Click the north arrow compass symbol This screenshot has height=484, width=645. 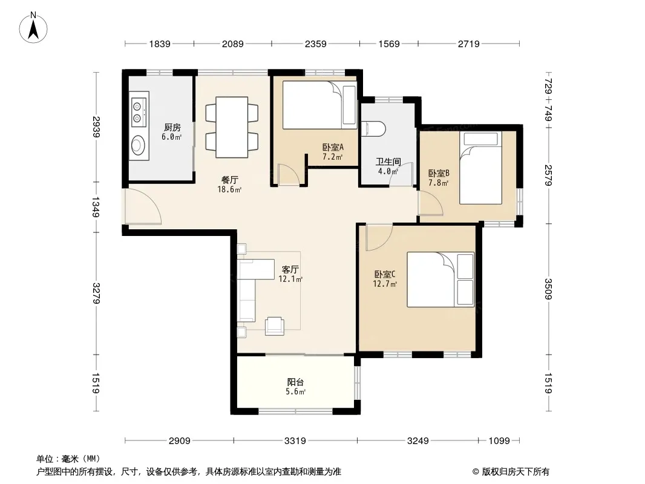33,27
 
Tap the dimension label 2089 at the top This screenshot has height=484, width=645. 233,44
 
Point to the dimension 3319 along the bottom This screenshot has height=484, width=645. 295,441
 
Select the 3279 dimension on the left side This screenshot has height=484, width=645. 96,293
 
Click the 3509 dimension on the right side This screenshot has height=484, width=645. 548,289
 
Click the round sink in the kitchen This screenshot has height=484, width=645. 138,145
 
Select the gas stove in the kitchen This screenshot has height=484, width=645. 139,113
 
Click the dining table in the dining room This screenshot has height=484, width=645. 232,127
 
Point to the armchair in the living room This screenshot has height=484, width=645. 274,326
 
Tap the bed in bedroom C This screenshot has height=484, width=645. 440,280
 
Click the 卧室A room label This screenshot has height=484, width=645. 333,147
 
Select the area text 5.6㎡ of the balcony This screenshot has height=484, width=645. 296,392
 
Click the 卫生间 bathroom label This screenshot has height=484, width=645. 388,162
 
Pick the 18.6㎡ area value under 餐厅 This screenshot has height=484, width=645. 229,189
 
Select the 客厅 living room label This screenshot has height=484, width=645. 290,270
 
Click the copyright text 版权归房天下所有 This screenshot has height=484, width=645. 516,472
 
